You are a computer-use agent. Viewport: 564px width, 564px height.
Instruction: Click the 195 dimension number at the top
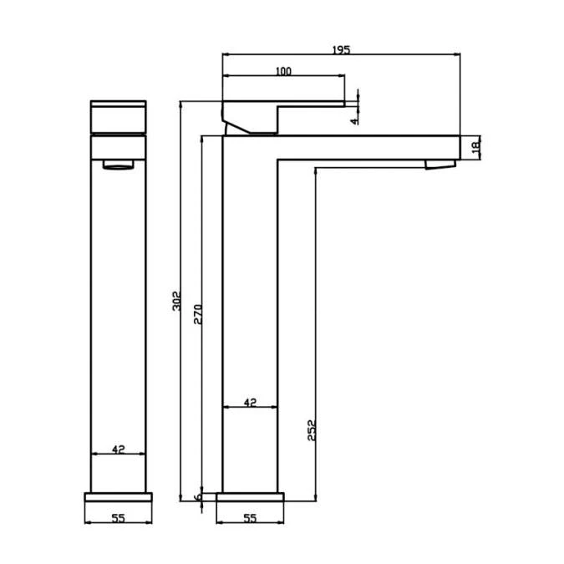[x=341, y=50]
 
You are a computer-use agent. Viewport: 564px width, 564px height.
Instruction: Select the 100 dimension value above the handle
[x=282, y=72]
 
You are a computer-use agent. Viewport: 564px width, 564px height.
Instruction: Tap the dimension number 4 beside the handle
[x=354, y=120]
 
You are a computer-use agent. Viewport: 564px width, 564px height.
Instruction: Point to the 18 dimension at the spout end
[x=475, y=147]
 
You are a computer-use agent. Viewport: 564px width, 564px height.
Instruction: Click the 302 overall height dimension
[x=175, y=301]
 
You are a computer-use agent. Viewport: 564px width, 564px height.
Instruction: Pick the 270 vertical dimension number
[x=198, y=313]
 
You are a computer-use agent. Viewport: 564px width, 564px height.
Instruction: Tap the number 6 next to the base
[x=198, y=497]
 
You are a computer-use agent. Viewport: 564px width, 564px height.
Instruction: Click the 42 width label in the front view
[x=118, y=450]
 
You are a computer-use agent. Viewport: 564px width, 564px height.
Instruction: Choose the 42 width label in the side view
[x=249, y=403]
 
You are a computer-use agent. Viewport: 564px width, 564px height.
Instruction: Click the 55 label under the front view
[x=118, y=518]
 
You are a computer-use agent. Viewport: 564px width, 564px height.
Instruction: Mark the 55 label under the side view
[x=249, y=518]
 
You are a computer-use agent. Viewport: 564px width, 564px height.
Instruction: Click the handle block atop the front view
[x=118, y=117]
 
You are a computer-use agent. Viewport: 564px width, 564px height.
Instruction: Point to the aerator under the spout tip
[x=440, y=163]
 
